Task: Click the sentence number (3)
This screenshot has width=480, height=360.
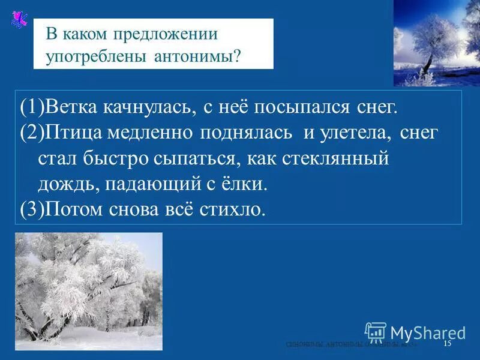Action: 30,210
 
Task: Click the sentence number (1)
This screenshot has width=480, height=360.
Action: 30,107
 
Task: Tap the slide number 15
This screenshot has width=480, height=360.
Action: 447,344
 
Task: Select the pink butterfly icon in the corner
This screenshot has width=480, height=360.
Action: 19,20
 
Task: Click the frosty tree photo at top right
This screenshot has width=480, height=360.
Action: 436,43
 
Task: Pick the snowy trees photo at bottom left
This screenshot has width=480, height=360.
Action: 88,291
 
